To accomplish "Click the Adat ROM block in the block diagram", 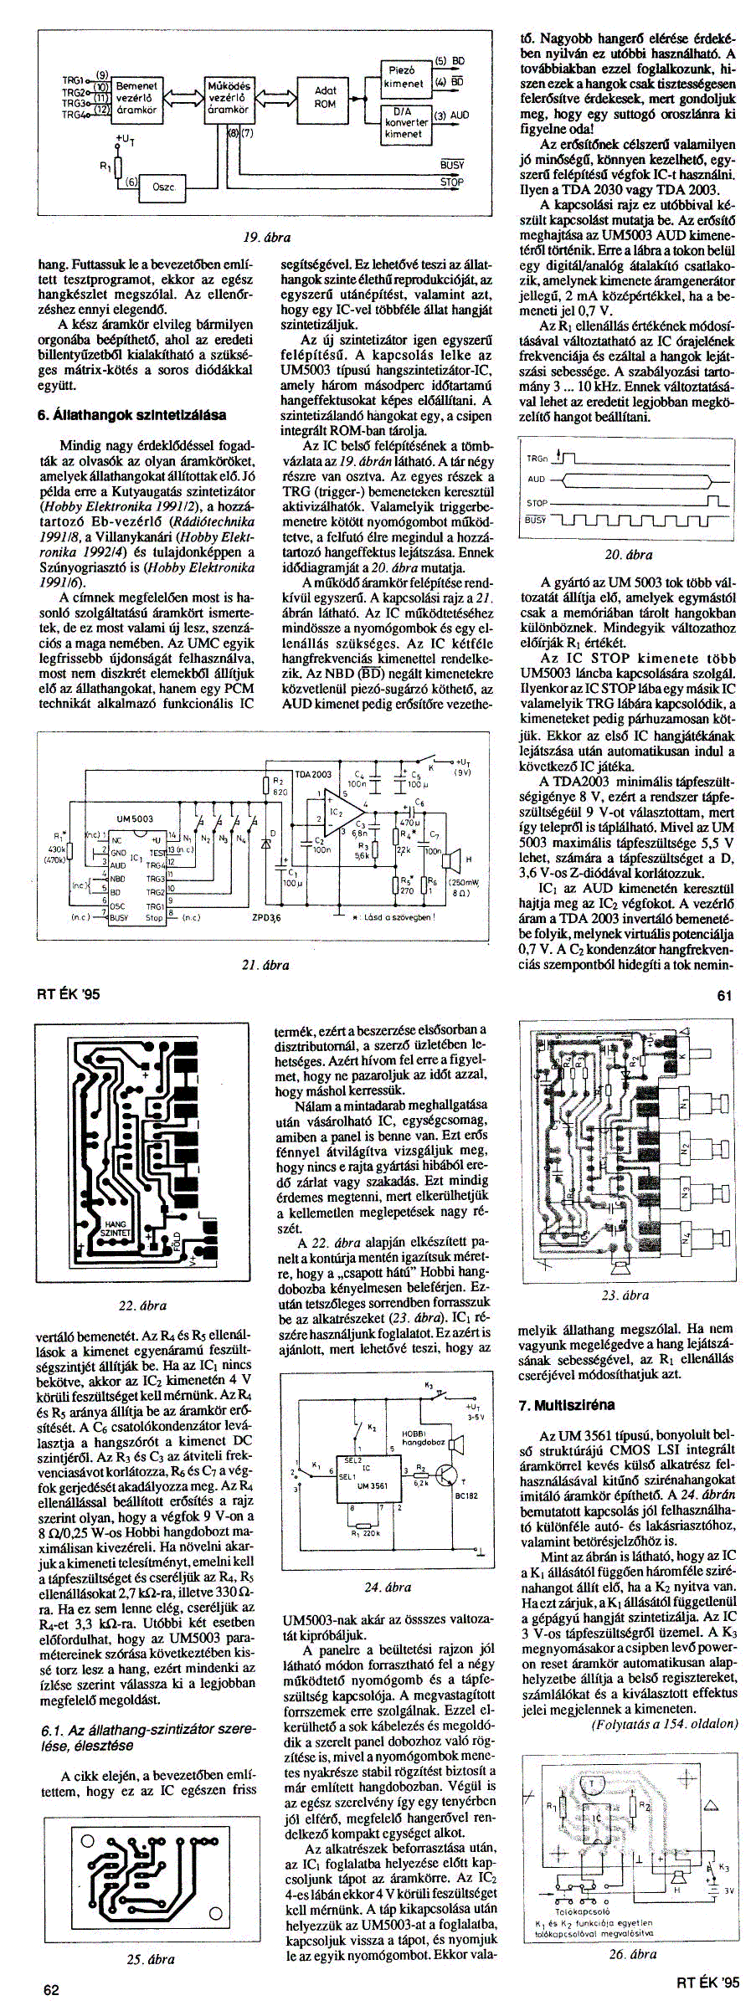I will coord(325,99).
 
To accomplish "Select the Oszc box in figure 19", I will coord(162,187).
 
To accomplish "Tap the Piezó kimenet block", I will coord(404,77).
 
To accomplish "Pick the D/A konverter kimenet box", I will coord(404,122).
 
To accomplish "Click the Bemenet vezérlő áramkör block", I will coord(136,98).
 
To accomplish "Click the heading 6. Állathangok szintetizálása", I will coord(132,414).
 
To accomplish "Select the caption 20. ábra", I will coord(628,554).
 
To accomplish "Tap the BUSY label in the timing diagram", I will coord(536,520).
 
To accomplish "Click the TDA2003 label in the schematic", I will coord(314,775).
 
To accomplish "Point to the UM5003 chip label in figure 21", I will coord(135,818).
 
